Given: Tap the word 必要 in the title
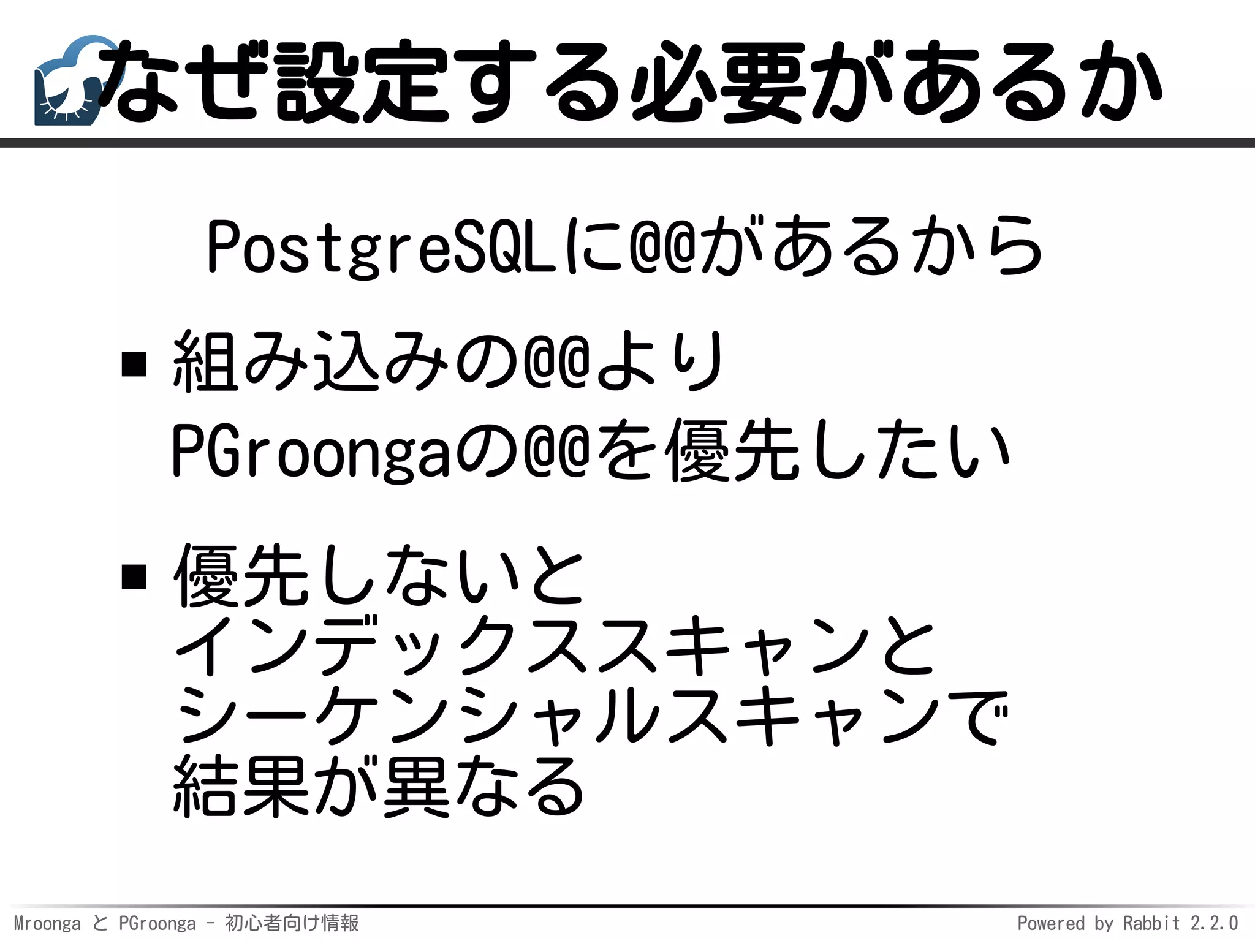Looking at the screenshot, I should click(717, 83).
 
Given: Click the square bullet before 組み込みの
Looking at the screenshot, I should click(134, 364).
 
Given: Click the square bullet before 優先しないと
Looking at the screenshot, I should click(134, 576).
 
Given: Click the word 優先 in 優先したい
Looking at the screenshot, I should click(732, 452).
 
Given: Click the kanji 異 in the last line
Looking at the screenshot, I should click(417, 787).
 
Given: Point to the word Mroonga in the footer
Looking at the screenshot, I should click(47, 923).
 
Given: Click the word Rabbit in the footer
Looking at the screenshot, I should click(1151, 923).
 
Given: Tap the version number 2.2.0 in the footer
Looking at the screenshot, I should click(1214, 923).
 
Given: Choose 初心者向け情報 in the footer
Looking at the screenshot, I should click(292, 923).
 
